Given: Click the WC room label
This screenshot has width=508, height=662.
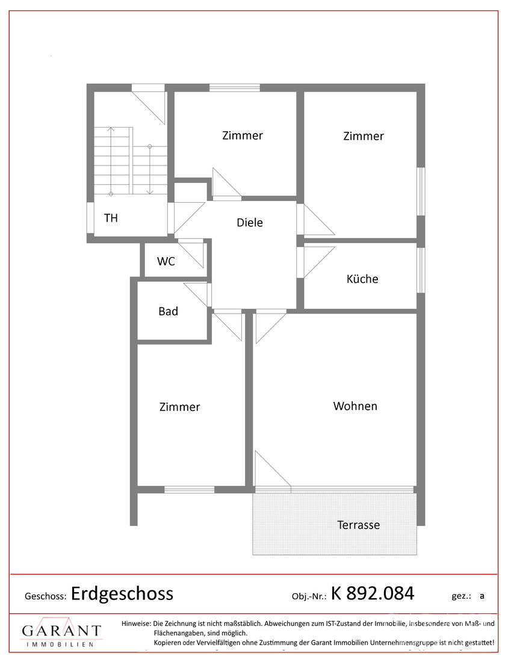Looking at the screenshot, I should point(166,262).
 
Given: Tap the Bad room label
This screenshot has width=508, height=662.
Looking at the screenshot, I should point(168,312).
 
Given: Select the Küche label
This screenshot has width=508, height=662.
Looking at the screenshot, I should point(362,279).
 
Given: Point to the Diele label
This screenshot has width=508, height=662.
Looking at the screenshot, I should point(250,223).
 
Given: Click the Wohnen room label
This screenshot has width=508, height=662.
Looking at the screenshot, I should point(355,406).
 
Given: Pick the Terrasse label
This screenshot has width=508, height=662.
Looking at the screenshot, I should point(358,525).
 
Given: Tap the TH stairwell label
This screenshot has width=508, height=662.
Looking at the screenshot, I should point(111,218).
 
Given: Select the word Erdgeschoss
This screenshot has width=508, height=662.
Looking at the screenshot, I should point(122,593).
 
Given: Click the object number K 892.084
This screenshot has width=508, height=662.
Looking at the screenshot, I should point(373,593).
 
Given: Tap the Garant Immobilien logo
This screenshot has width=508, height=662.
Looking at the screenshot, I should point(61,633).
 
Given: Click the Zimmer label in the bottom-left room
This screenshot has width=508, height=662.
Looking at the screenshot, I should point(179,407).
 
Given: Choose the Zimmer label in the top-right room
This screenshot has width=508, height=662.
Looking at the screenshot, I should point(363,137).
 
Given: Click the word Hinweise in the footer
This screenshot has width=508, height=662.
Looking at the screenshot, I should point(136,624).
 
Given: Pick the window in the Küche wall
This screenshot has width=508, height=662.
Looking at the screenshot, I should point(421,270).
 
